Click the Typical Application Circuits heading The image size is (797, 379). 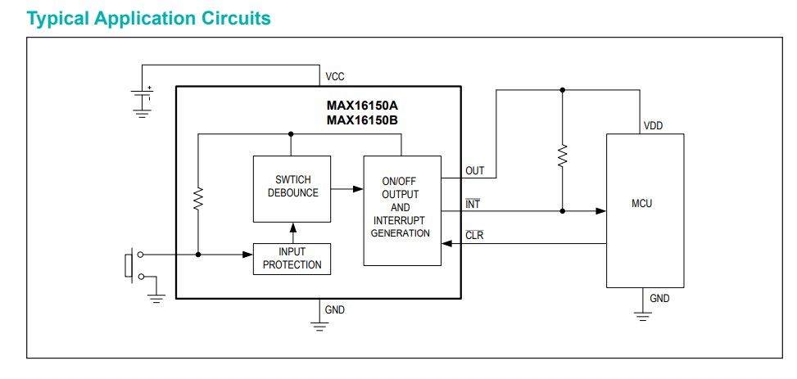tap(148, 18)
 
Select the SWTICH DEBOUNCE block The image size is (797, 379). tap(292, 187)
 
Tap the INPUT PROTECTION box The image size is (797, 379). tap(292, 259)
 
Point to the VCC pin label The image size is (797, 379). tap(335, 76)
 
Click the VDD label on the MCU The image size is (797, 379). tap(653, 126)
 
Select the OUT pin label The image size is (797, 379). tap(475, 171)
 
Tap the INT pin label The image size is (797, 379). tap(473, 203)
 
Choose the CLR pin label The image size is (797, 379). tap(474, 236)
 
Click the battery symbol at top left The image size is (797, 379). tap(143, 98)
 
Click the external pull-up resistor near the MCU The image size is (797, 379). tap(562, 156)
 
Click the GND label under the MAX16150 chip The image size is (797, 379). tap(335, 310)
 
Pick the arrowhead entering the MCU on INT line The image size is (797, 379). tap(600, 210)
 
